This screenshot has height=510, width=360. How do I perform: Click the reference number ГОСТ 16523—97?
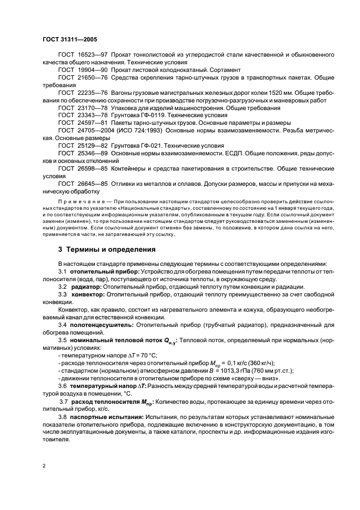pyautogui.click(x=81, y=56)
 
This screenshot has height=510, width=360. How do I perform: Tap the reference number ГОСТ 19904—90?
pyautogui.click(x=81, y=71)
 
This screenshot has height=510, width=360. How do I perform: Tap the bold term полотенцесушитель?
pyautogui.click(x=103, y=324)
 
